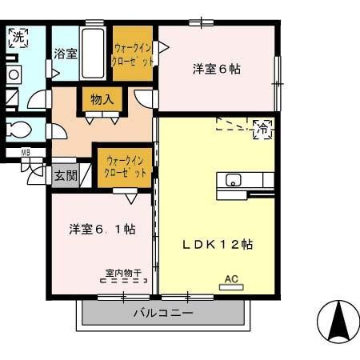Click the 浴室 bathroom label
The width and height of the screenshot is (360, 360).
(66, 54)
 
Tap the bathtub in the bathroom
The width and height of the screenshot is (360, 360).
(94, 54)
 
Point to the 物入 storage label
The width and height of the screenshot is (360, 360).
(101, 100)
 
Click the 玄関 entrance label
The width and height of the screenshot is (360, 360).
(64, 175)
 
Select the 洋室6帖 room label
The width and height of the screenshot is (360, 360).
(216, 69)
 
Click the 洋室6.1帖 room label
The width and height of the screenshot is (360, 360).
(101, 229)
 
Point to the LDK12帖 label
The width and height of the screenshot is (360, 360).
(216, 244)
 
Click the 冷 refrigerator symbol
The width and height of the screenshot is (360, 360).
(262, 127)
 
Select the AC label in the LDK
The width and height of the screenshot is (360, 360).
(232, 278)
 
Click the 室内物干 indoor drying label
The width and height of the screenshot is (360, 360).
(122, 272)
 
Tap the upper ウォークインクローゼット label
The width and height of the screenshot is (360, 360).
(133, 54)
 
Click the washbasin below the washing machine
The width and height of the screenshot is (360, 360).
(14, 74)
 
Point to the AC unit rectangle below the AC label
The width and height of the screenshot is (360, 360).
(232, 286)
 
